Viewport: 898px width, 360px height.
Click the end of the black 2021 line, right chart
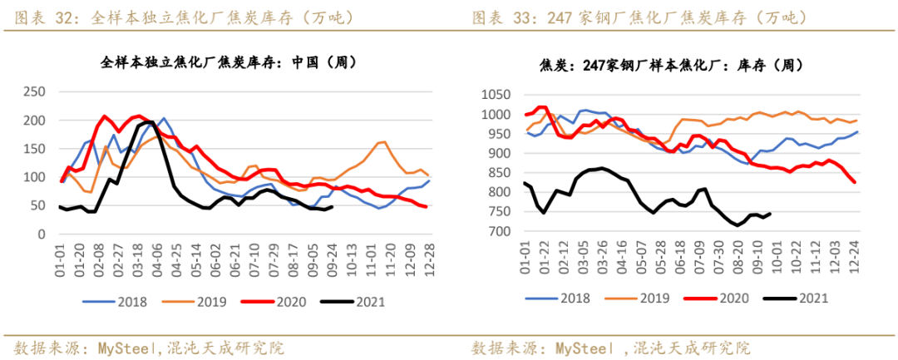point(770,214)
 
